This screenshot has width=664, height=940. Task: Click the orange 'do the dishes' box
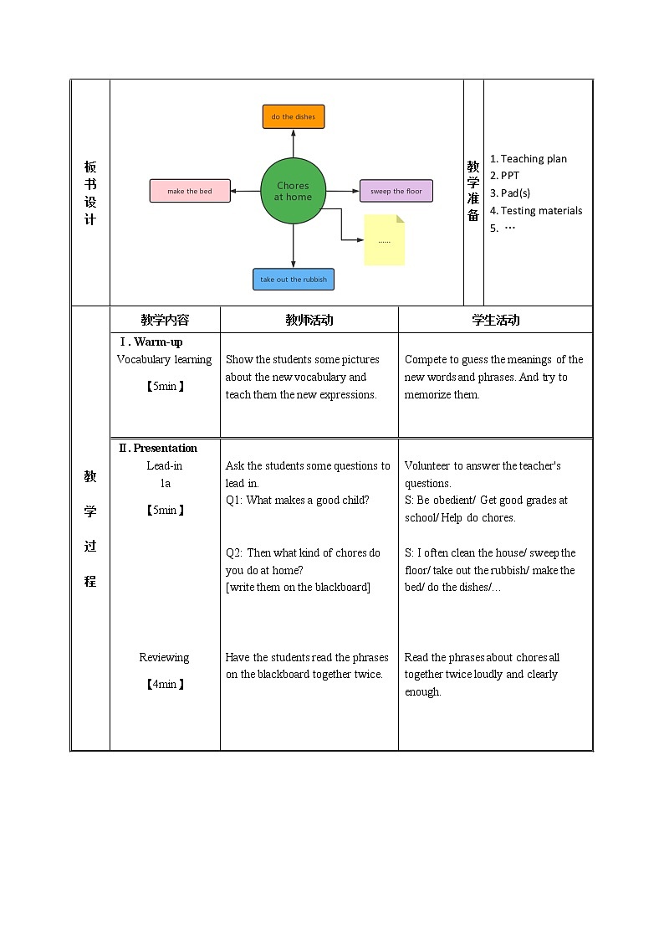[x=293, y=117]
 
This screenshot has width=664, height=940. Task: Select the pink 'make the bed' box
[x=190, y=191]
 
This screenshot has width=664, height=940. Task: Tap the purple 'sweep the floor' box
[x=396, y=191]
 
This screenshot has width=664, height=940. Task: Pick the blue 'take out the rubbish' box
[x=294, y=280]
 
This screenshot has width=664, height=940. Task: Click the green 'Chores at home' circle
[x=293, y=191]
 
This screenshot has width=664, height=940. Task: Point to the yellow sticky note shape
[x=384, y=240]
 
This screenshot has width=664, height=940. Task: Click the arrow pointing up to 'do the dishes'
[x=294, y=143]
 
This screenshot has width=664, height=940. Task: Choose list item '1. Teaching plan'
[x=528, y=159]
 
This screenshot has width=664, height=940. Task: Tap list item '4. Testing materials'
[x=536, y=211]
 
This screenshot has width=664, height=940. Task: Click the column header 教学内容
[x=165, y=320]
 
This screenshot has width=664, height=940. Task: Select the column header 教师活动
[x=309, y=320]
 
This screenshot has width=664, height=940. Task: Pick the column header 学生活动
[x=495, y=320]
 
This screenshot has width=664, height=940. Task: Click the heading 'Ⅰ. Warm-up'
[x=151, y=342]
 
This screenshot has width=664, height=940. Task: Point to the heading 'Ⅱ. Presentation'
[x=158, y=448]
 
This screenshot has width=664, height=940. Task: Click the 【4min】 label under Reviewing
[x=165, y=684]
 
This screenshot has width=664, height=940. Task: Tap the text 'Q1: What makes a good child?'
[x=297, y=501]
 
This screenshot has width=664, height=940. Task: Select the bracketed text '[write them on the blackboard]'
[x=297, y=587]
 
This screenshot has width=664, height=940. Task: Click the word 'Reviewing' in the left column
[x=164, y=657]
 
